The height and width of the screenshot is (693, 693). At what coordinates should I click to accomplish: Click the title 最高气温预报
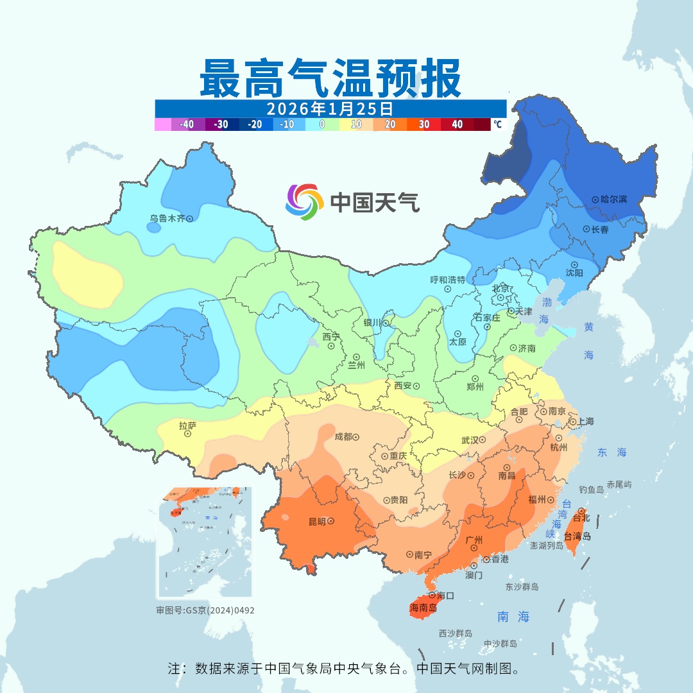point(330,78)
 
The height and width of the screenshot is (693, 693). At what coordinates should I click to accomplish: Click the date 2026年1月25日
point(330,108)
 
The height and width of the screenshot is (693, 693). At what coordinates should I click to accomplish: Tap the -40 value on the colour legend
point(187,124)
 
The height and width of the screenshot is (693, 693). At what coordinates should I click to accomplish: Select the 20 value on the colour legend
point(389,124)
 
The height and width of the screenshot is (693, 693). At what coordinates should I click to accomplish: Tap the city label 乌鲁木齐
point(167,219)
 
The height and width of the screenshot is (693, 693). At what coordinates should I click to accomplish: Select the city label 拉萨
point(187,424)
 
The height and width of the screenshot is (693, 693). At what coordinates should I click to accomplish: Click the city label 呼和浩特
point(447,280)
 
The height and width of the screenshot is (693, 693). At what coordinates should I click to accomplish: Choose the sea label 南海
point(513,617)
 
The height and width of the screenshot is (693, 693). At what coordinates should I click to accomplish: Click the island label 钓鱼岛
point(591,490)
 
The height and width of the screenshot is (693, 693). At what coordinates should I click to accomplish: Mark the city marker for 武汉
point(483,440)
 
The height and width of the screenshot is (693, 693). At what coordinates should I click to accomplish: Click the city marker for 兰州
point(356,357)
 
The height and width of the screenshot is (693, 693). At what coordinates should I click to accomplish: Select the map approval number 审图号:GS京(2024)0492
point(205,610)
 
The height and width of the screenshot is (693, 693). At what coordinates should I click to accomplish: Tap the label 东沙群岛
point(522,587)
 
